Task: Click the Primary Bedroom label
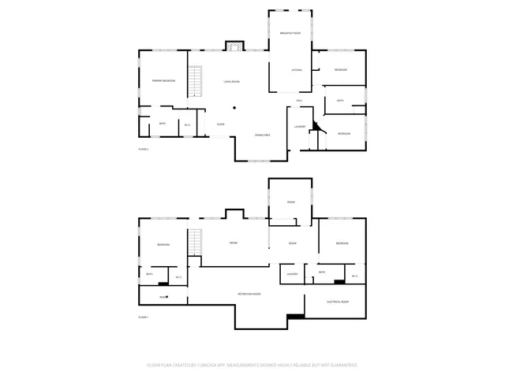coord(163,81)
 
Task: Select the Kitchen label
coord(297,71)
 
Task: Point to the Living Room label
coord(231,81)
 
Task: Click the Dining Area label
coord(263,135)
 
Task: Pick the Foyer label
coord(221,124)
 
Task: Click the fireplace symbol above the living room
coord(233,46)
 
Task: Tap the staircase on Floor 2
coord(197,81)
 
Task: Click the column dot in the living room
coord(234,109)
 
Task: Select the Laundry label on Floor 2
coord(300,126)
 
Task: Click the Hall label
coord(300,101)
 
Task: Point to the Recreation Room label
coord(249,294)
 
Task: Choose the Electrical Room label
coord(338,302)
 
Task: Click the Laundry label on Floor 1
coord(291,273)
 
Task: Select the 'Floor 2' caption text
coord(143,149)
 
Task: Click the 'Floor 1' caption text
coord(143,317)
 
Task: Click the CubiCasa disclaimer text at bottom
coord(252,365)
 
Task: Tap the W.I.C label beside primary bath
coord(188,124)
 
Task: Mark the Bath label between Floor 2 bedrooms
coord(340,101)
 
